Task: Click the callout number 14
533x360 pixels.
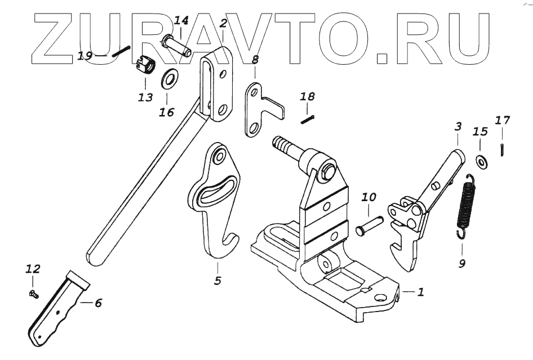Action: tap(181, 21)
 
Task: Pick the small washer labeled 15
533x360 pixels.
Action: tap(481, 162)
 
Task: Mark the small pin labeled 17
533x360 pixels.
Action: tap(501, 149)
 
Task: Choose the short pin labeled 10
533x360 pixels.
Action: tap(369, 224)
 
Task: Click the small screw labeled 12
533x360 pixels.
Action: tap(33, 293)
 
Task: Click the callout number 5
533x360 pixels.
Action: tap(217, 280)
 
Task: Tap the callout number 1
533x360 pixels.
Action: tap(420, 292)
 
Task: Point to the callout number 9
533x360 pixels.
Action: tap(462, 263)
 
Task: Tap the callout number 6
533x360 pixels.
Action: tap(98, 303)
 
